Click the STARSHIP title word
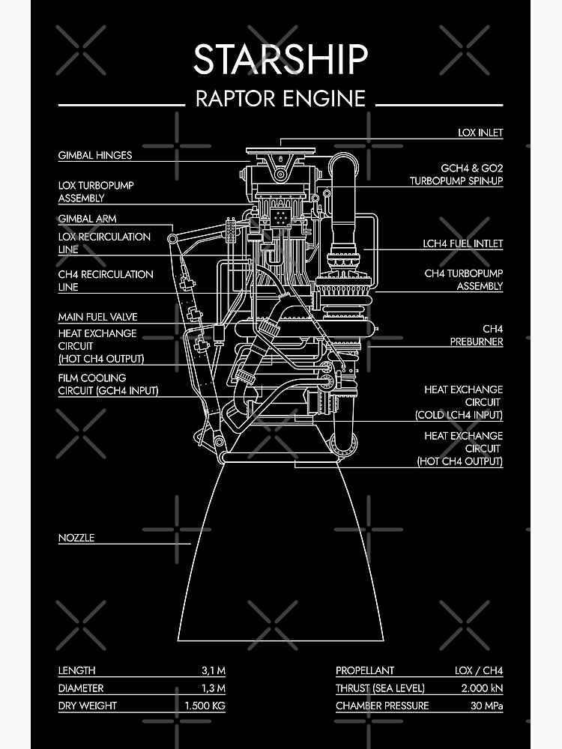point(280,59)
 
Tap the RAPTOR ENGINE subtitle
point(280,98)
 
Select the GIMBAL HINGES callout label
point(95,156)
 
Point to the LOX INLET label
point(480,133)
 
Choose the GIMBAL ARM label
point(88,219)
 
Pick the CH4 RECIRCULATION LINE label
point(106,280)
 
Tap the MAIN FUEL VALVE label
point(98,317)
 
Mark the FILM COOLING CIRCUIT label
point(108,384)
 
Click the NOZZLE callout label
point(76,538)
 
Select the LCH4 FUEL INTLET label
point(462,243)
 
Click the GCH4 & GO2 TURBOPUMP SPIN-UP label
point(456,175)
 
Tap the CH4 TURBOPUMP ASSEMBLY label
point(464,279)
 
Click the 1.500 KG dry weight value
point(205,706)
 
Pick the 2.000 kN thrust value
point(478,688)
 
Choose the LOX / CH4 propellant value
point(478,670)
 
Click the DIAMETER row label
point(81,688)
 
